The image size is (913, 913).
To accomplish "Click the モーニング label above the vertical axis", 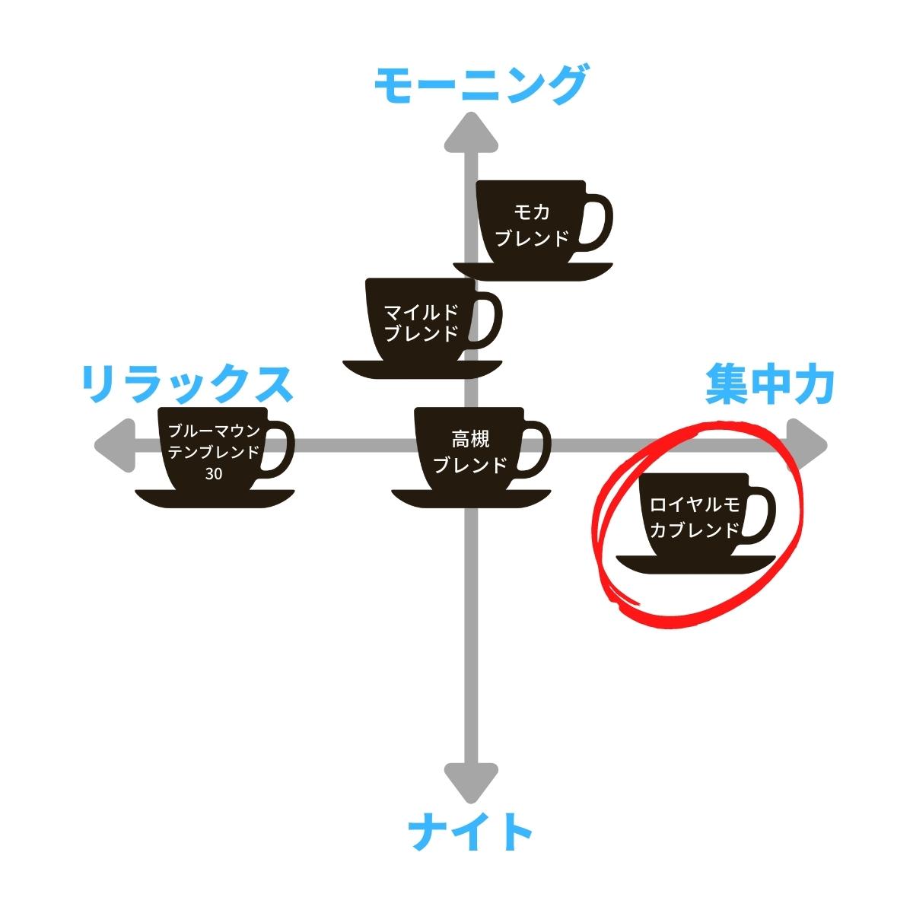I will tap(482, 84).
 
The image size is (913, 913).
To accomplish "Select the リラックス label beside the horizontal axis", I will tap(187, 384).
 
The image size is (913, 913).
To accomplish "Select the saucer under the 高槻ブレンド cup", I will tap(471, 498).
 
